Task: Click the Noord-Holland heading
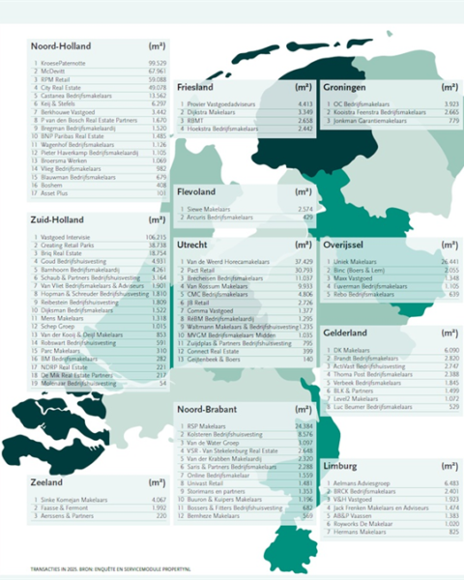click(61, 45)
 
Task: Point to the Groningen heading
click(352, 87)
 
